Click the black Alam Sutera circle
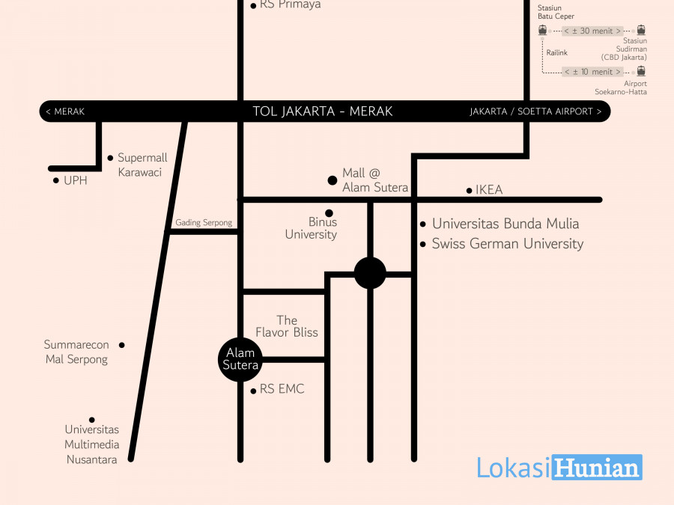(x=240, y=359)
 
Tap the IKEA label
(x=489, y=190)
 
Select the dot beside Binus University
(x=329, y=213)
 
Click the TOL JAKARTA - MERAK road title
(x=323, y=111)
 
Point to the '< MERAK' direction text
(x=65, y=112)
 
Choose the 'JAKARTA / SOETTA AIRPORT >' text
(x=535, y=112)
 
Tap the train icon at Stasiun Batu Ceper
(x=542, y=30)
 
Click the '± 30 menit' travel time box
(x=592, y=31)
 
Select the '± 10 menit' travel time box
(x=592, y=72)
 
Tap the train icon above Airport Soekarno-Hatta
(x=641, y=71)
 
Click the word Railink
(x=557, y=52)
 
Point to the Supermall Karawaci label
(x=142, y=165)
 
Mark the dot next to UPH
(x=56, y=180)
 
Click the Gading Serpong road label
(x=204, y=223)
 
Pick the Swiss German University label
(x=507, y=244)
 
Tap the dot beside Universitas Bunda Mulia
(x=423, y=224)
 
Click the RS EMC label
(x=282, y=389)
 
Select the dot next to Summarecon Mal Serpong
(x=122, y=345)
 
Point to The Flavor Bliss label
(x=287, y=326)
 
